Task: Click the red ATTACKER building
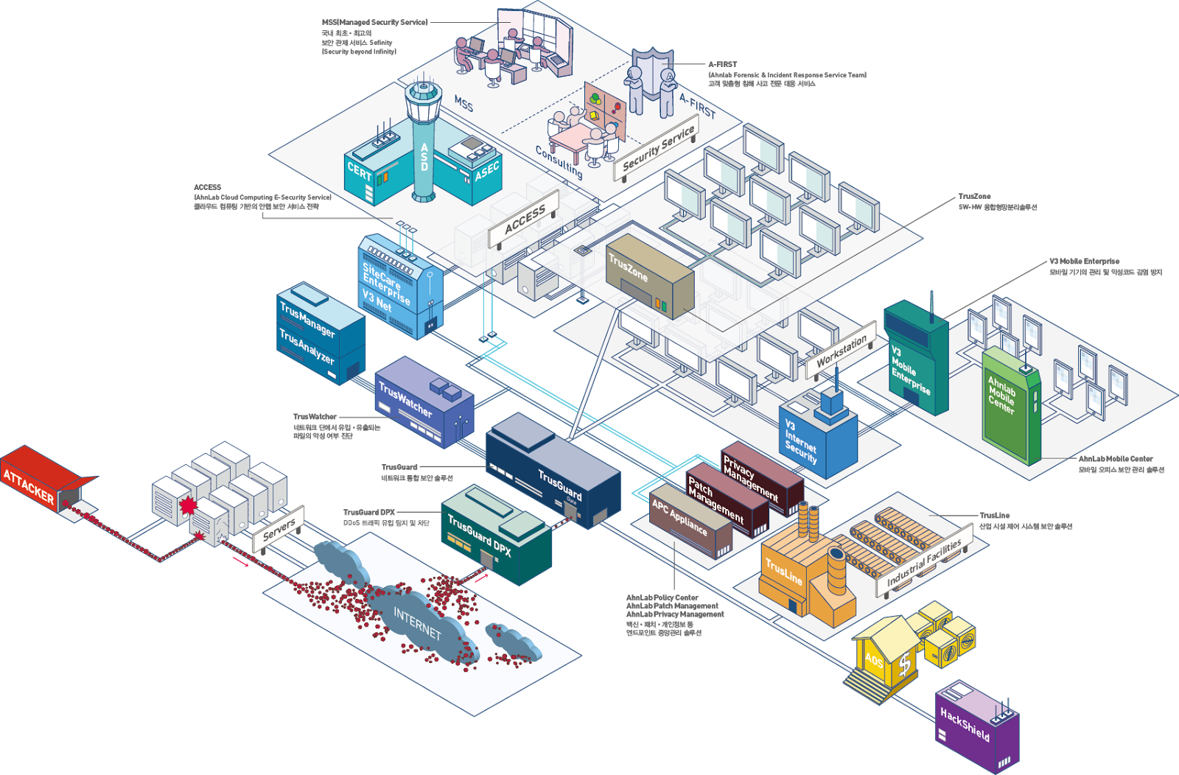point(37,483)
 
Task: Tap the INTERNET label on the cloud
point(416,623)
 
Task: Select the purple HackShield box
point(976,726)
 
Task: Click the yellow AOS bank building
point(884,656)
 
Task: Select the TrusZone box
point(648,276)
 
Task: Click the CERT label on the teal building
point(360,172)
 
